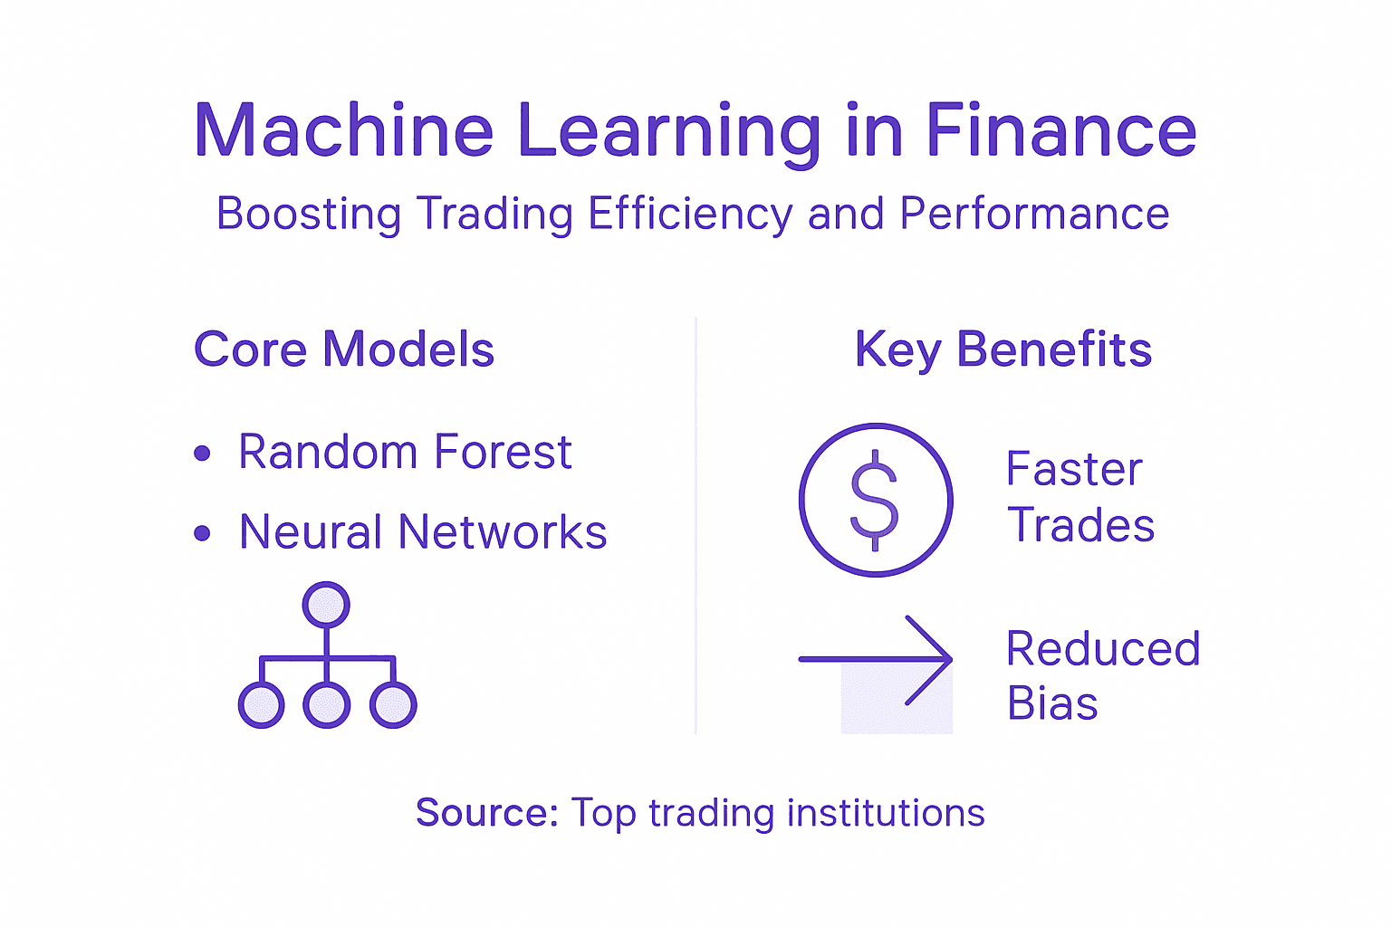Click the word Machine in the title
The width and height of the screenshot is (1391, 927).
343,131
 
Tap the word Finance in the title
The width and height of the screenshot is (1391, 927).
1060,131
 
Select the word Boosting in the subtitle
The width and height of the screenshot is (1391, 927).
309,215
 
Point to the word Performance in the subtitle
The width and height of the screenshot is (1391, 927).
1034,215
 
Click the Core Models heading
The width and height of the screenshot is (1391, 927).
344,349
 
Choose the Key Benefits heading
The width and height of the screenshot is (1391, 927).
1003,349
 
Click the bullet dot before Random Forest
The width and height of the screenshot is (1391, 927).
202,453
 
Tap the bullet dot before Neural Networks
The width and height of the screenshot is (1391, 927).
202,533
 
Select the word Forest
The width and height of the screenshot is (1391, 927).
503,452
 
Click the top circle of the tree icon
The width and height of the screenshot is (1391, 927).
326,605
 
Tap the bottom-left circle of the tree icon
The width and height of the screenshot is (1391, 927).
261,705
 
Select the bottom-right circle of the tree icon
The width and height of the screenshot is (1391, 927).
393,705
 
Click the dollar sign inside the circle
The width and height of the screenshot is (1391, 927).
875,500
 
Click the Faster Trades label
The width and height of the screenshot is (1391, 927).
1079,497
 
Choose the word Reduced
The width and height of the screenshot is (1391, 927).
1103,649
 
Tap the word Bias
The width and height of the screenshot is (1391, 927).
1052,704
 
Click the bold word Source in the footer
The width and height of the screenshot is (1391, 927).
486,813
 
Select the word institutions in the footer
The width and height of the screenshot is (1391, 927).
886,813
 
